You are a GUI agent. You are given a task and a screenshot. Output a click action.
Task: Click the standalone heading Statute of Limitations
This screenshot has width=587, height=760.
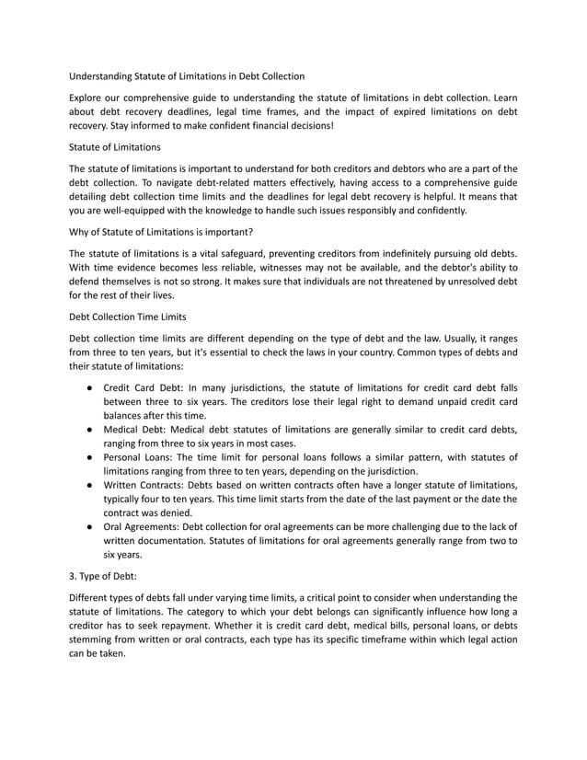point(115,146)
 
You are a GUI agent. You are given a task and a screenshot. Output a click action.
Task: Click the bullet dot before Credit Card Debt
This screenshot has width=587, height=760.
point(85,386)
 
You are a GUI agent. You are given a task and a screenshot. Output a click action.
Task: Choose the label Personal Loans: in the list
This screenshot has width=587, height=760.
point(142,457)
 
